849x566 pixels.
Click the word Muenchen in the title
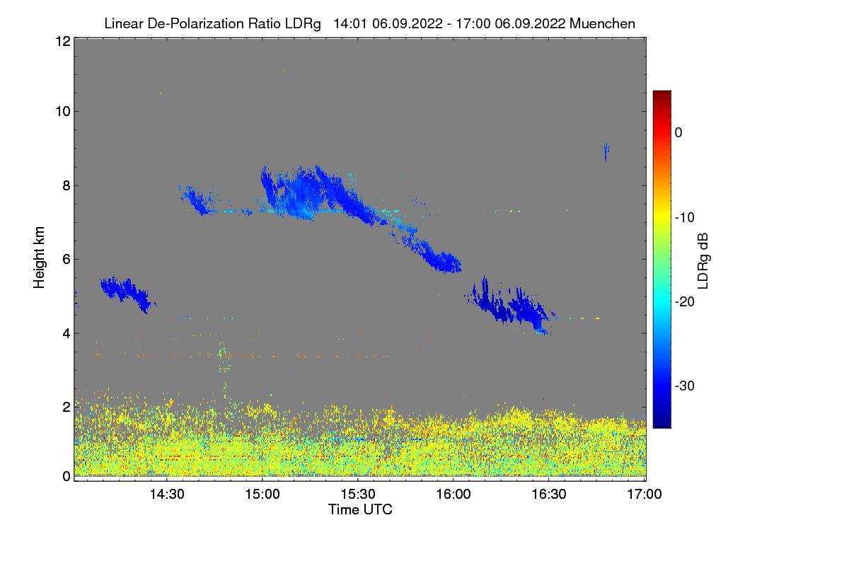pyautogui.click(x=602, y=23)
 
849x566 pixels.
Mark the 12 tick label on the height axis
pyautogui.click(x=62, y=41)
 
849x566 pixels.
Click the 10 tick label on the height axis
pyautogui.click(x=62, y=111)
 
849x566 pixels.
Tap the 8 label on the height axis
pyautogui.click(x=65, y=185)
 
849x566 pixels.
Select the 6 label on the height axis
pyautogui.click(x=65, y=259)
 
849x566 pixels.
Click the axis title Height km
pyautogui.click(x=40, y=258)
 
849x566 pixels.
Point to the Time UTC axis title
pyautogui.click(x=360, y=509)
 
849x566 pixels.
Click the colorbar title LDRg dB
pyautogui.click(x=703, y=260)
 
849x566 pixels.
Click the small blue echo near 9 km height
pyautogui.click(x=606, y=151)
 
